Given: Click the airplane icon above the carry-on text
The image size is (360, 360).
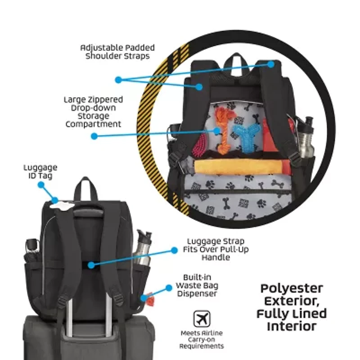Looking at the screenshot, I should pyautogui.click(x=202, y=319).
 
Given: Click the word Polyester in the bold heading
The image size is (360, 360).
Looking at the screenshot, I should pyautogui.click(x=292, y=288).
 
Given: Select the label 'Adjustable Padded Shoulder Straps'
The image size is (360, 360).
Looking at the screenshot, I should pyautogui.click(x=117, y=52).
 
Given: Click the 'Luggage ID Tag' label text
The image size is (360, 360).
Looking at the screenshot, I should pyautogui.click(x=40, y=171).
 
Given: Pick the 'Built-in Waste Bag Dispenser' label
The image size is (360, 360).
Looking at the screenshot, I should pyautogui.click(x=197, y=285).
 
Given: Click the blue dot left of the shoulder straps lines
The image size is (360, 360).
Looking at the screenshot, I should pyautogui.click(x=118, y=80).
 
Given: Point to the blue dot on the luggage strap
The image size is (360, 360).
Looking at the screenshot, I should pyautogui.click(x=91, y=265).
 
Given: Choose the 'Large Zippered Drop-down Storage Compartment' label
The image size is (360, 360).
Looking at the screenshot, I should pyautogui.click(x=93, y=112).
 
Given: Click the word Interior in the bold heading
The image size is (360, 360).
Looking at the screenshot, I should pyautogui.click(x=292, y=326).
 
